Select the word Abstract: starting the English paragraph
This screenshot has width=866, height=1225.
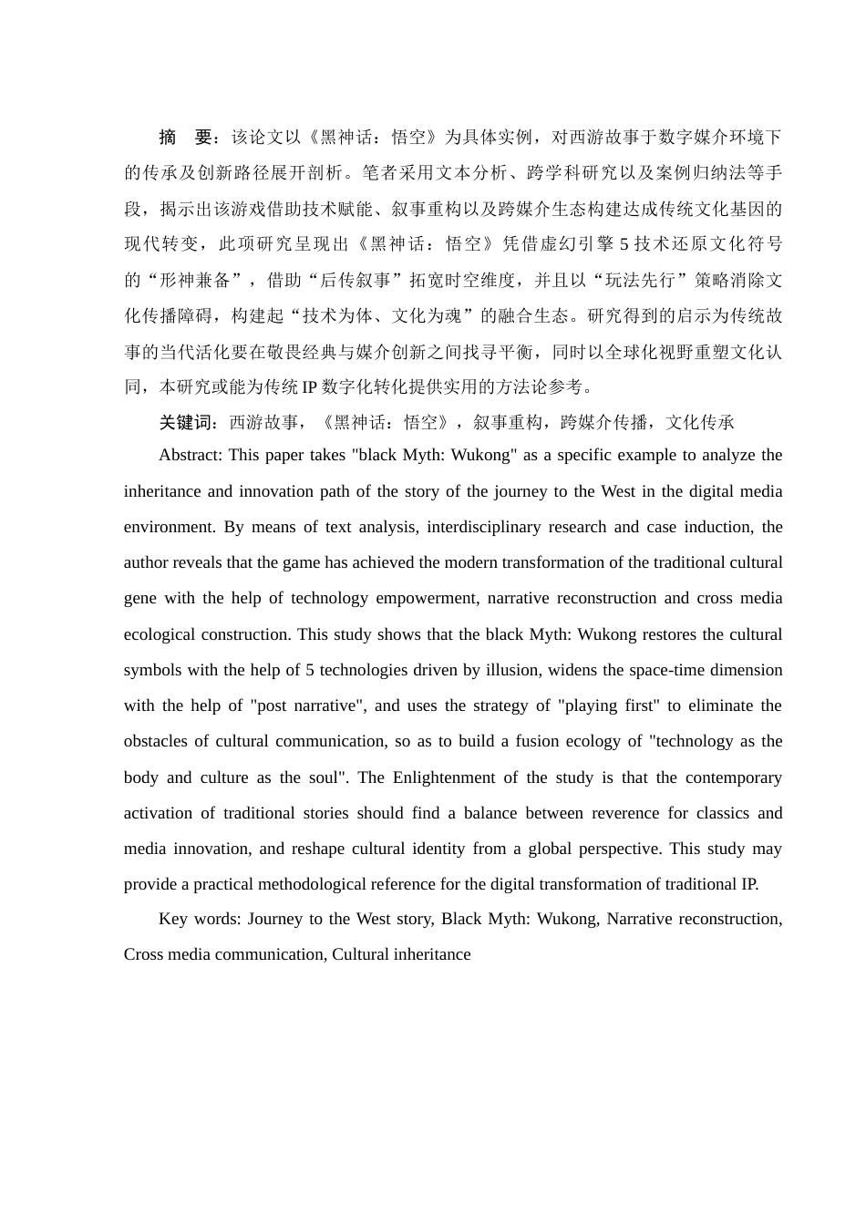pyautogui.click(x=191, y=455)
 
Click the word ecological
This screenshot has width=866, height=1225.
pyautogui.click(x=160, y=634)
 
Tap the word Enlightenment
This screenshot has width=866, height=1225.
pyautogui.click(x=452, y=777)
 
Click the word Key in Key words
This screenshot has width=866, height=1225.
pyautogui.click(x=172, y=919)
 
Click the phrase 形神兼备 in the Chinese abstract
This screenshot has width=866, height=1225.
pyautogui.click(x=194, y=280)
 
